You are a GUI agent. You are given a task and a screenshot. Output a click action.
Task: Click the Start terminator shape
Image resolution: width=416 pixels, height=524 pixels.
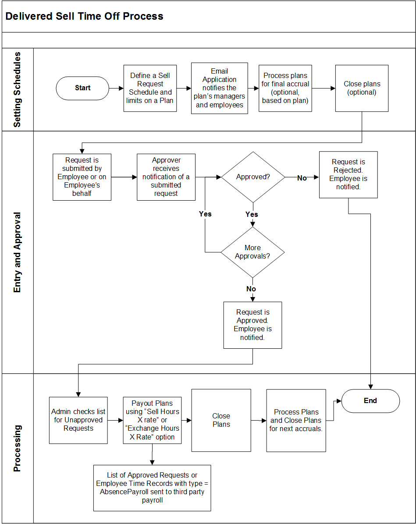(x=82, y=88)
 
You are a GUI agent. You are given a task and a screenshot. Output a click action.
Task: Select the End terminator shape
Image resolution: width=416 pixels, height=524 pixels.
(x=370, y=400)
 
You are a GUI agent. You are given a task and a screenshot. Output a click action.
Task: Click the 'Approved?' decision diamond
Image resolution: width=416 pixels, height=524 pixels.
(x=253, y=177)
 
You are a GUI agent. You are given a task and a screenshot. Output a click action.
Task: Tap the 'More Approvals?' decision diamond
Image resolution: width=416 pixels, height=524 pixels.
(x=252, y=252)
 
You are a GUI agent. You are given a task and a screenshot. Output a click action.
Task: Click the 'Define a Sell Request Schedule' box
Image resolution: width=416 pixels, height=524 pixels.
(x=150, y=88)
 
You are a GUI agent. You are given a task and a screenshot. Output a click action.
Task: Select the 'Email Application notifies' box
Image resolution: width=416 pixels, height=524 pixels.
(x=219, y=88)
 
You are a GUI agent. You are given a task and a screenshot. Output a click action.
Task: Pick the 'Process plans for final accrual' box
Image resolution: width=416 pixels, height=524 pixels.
(x=285, y=88)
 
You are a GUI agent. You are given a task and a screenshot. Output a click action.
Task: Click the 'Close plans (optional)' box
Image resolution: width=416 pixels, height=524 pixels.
(x=362, y=88)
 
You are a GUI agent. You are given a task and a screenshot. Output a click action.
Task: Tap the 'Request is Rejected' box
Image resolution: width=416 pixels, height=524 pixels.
(x=348, y=174)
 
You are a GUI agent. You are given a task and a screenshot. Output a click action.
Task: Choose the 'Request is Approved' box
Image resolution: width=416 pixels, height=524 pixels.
(x=252, y=325)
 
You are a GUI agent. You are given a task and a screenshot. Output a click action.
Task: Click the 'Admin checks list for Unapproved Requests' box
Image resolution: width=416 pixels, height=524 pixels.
(x=78, y=420)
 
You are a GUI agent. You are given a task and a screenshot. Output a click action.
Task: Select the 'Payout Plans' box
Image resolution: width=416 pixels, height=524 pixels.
(x=152, y=420)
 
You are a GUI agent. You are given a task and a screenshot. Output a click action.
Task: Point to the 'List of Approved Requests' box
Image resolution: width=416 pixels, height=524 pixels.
(x=152, y=488)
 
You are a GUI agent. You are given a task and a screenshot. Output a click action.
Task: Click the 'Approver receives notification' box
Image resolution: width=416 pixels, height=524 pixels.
(x=166, y=177)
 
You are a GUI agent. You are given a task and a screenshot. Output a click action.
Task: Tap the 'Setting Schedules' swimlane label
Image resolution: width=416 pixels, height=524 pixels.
(x=17, y=90)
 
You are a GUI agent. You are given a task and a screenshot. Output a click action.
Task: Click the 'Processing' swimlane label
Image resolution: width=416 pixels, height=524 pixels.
(x=17, y=448)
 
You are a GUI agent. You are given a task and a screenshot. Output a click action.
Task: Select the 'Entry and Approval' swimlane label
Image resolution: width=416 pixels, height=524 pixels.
(x=17, y=252)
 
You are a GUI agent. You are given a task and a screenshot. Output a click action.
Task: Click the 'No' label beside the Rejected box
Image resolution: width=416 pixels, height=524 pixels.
(x=302, y=178)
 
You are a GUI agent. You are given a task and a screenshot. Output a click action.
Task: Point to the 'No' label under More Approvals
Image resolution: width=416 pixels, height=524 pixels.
(x=251, y=289)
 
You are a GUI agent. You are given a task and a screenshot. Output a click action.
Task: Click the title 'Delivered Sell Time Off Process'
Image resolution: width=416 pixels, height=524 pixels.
(x=84, y=17)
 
